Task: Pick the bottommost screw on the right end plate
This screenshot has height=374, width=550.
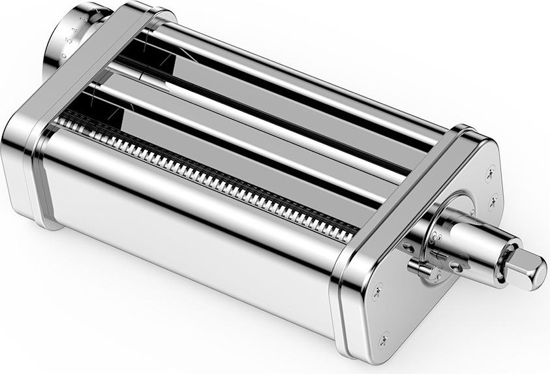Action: point(384,339)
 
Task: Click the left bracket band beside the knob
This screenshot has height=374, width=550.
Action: point(98,72)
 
